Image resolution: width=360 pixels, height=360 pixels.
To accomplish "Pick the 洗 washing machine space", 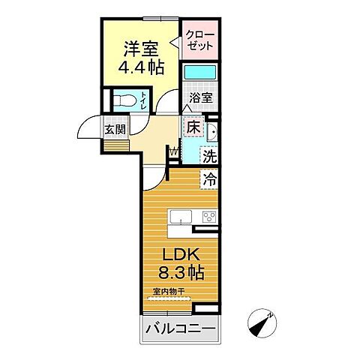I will tap(211, 157).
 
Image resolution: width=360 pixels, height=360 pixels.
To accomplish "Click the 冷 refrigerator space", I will tap(208, 180).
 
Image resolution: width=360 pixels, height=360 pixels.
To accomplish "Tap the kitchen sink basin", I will tap(181, 217).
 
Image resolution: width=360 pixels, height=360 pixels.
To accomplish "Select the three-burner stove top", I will tap(206, 218).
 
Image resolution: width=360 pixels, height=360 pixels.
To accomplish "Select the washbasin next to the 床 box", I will tap(211, 133).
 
